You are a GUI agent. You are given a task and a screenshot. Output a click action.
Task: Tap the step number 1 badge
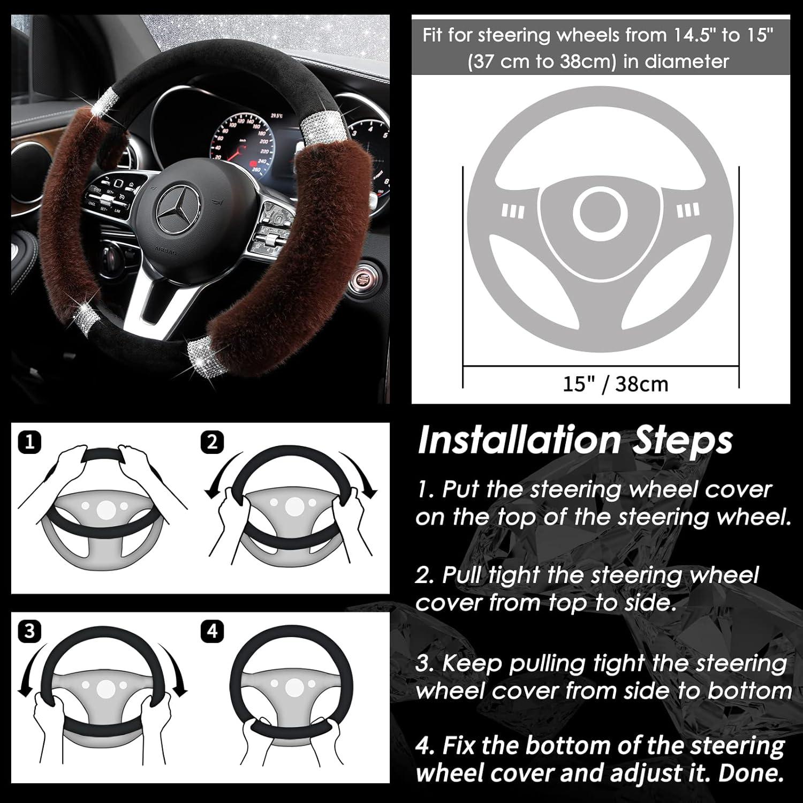click(x=29, y=442)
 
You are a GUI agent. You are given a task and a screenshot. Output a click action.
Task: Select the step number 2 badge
click(x=213, y=442)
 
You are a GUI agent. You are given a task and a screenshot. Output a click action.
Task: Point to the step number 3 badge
click(x=29, y=631)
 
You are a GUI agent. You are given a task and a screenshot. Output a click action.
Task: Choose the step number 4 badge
click(x=213, y=631)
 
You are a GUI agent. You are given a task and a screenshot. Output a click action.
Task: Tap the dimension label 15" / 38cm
click(x=615, y=384)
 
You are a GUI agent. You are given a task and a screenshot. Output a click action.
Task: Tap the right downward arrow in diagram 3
click(x=177, y=669)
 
